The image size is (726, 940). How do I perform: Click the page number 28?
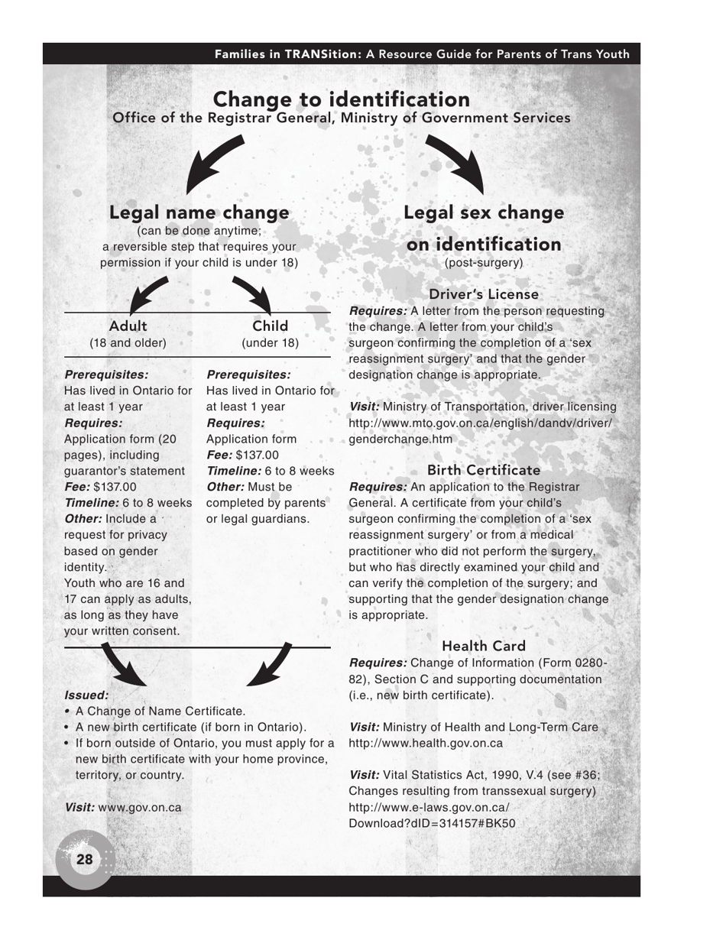(x=85, y=860)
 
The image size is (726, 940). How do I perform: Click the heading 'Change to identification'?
(x=341, y=99)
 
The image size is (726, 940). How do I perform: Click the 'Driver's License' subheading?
(x=483, y=294)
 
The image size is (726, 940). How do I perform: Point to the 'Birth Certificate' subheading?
(x=483, y=470)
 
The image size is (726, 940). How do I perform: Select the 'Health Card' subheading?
(x=483, y=647)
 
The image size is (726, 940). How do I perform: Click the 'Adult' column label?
(x=128, y=326)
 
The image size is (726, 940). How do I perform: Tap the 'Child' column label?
(x=270, y=326)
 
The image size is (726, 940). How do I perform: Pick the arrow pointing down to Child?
(x=253, y=294)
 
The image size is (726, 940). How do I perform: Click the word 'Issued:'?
(x=86, y=695)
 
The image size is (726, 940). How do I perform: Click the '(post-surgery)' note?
(x=484, y=262)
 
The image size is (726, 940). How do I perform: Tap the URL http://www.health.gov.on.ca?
(x=426, y=743)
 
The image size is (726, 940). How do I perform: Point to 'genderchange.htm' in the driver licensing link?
(x=400, y=439)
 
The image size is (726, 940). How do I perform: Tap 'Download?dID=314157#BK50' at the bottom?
(x=432, y=824)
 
